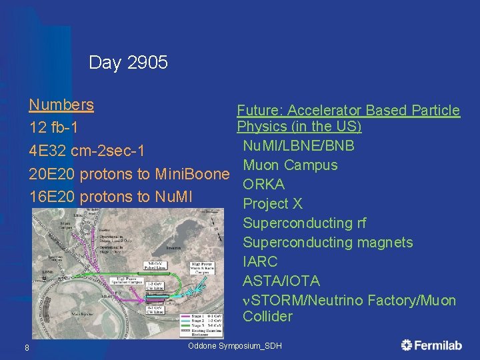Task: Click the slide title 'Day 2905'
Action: (x=128, y=63)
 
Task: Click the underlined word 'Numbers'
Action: (x=61, y=105)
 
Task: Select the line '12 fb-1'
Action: (x=53, y=127)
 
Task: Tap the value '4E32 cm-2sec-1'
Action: (x=87, y=149)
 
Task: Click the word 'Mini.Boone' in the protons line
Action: (x=192, y=174)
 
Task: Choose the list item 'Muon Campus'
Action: (x=290, y=165)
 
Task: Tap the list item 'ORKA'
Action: (x=263, y=185)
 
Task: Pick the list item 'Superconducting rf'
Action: (x=304, y=223)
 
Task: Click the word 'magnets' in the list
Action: (x=385, y=243)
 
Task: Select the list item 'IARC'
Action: (x=260, y=262)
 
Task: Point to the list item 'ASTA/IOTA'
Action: (x=281, y=281)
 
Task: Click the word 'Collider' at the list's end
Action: (x=267, y=317)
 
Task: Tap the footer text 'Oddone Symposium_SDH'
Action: (x=235, y=346)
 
